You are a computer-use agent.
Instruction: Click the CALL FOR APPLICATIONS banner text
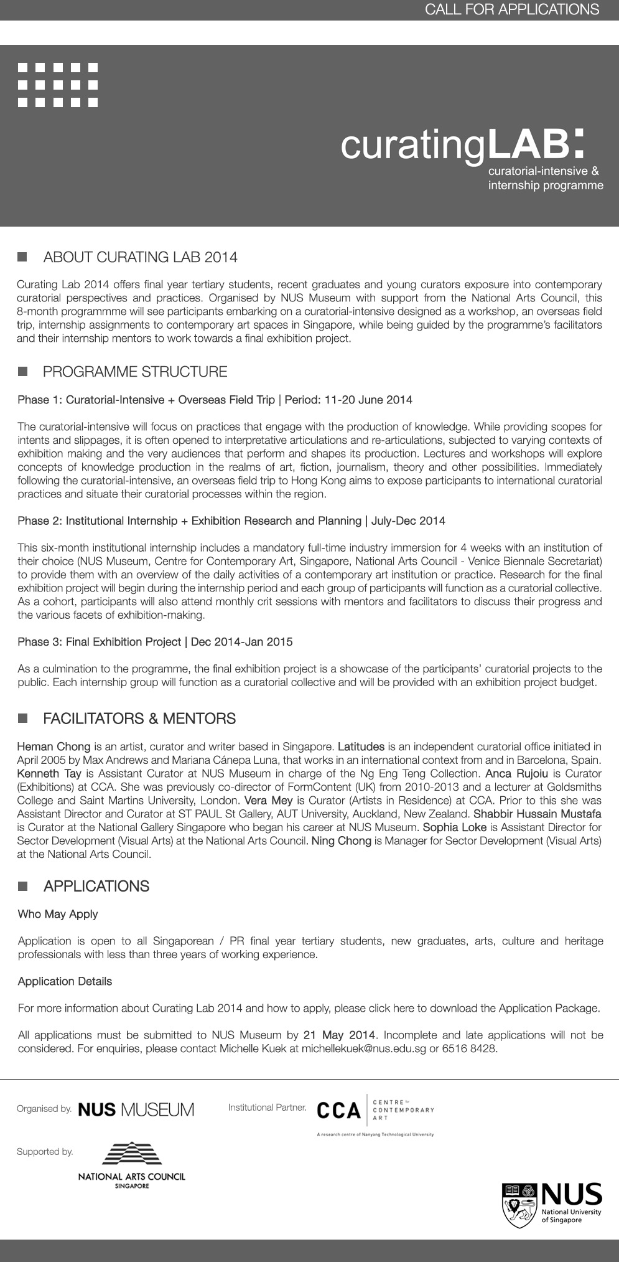[x=511, y=9]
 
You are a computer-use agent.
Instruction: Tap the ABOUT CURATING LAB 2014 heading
[x=140, y=257]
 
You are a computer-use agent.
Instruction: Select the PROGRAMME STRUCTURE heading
[x=135, y=372]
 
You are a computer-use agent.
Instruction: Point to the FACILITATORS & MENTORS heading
[x=139, y=718]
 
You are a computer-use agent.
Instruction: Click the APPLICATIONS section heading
[x=96, y=886]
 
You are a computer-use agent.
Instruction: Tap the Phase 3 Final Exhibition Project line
[x=155, y=641]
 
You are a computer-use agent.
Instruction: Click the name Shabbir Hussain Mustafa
[x=537, y=814]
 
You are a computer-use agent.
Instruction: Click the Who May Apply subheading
[x=58, y=914]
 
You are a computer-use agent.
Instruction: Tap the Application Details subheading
[x=65, y=981]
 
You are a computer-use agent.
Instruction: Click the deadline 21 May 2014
[x=339, y=1035]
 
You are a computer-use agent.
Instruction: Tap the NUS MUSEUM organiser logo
[x=136, y=1109]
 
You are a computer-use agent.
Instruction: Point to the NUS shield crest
[x=519, y=1205]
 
